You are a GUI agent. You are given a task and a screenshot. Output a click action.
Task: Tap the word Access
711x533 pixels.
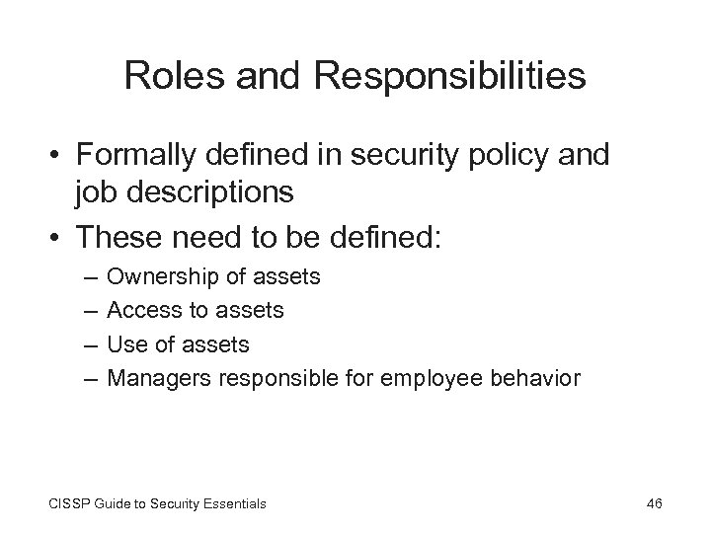pos(137,311)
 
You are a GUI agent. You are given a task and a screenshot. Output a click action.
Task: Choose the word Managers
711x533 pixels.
pos(150,377)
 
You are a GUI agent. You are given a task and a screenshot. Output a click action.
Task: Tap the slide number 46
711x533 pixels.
pos(653,503)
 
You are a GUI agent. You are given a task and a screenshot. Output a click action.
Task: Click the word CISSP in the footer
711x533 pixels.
pos(66,503)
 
